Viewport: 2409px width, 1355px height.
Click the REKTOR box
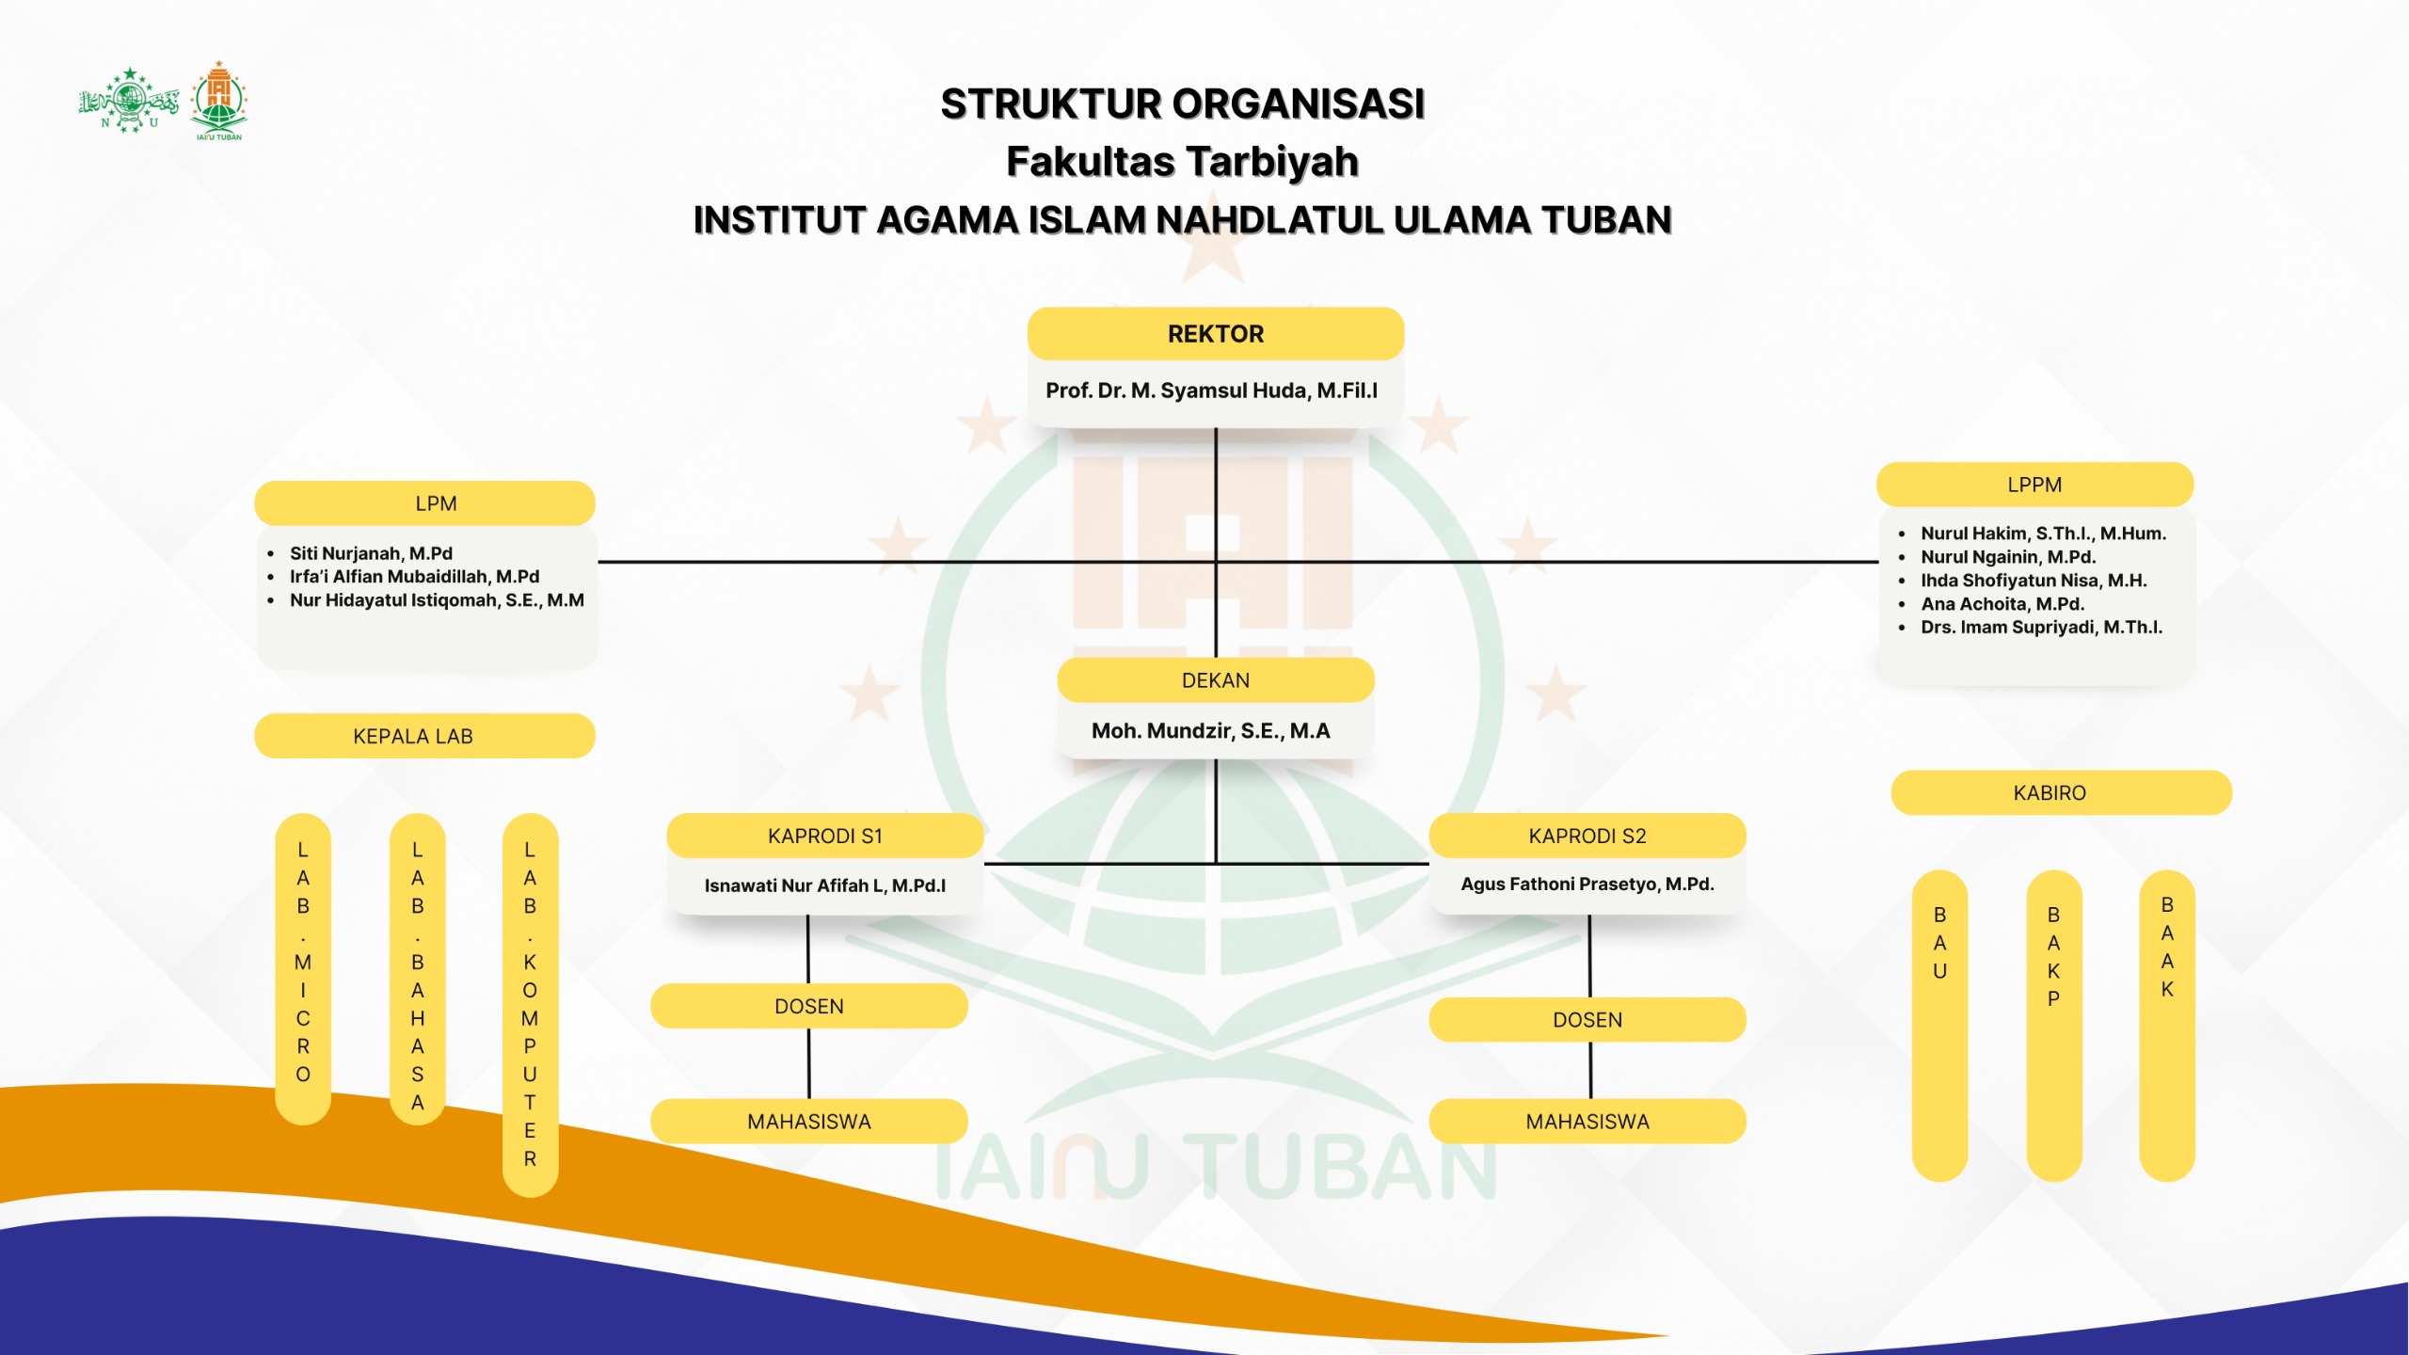[x=1215, y=334]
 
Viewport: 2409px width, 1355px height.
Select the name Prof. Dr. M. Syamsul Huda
[x=1211, y=391]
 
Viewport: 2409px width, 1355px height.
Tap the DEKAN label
[x=1215, y=680]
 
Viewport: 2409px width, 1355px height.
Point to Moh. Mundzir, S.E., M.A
[x=1210, y=731]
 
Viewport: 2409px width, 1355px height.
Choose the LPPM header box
[x=2034, y=485]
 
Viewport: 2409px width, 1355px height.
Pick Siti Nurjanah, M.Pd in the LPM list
[x=371, y=553]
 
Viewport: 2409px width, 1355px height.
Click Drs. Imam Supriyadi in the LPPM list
[x=2041, y=628]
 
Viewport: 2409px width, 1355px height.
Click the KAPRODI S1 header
[x=825, y=836]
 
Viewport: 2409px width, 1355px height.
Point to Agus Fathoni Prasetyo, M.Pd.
[x=1587, y=885]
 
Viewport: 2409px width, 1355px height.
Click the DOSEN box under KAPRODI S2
[x=1587, y=1020]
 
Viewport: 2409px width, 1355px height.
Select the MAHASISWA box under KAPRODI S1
[x=808, y=1122]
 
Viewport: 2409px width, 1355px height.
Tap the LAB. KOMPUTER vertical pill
[x=530, y=1004]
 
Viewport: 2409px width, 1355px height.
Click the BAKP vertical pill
[x=2053, y=1025]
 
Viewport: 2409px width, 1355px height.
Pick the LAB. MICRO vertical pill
[x=303, y=968]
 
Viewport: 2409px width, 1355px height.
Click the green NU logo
[x=129, y=100]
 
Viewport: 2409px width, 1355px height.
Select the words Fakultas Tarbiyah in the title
[x=1182, y=162]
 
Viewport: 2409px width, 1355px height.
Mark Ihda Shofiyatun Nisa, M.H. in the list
[x=2034, y=581]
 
